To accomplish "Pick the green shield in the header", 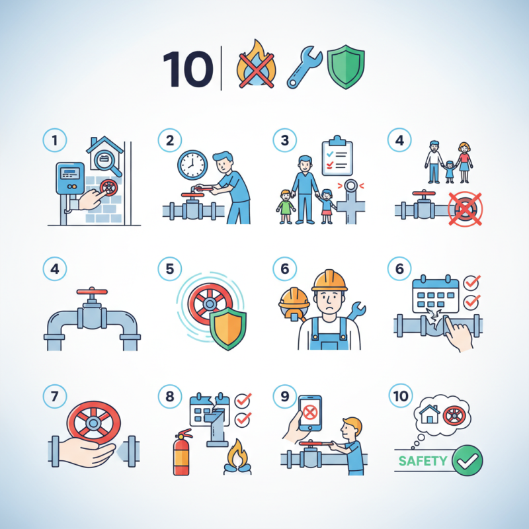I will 346,67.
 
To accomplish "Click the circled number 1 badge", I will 54,140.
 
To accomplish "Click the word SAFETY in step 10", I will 424,460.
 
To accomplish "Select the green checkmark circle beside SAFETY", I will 468,460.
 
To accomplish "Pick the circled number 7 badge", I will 54,397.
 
